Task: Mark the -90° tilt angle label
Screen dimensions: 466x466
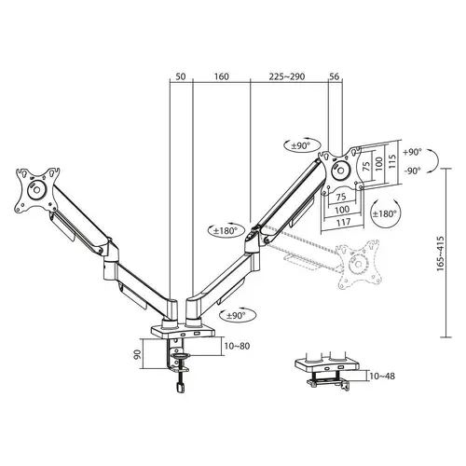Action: (x=412, y=171)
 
